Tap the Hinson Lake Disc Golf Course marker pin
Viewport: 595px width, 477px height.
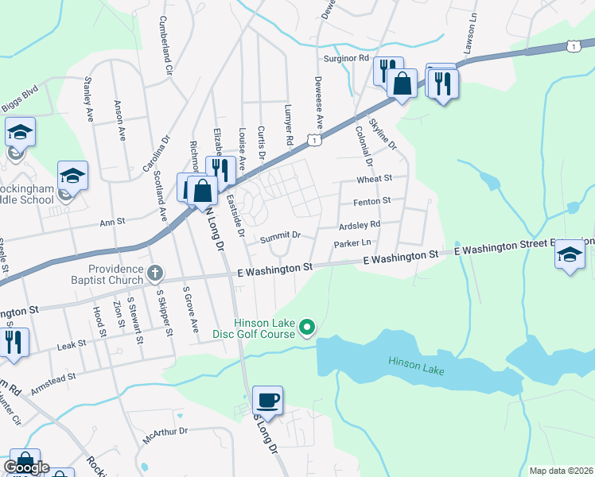coord(311,326)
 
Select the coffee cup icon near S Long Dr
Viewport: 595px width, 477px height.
coord(267,400)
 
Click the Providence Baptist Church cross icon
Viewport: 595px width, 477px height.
coord(155,273)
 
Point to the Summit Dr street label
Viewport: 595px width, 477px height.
coord(280,235)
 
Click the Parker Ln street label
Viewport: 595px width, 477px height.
coord(353,242)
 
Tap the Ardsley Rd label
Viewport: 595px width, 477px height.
coord(360,224)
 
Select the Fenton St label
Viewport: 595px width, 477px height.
coord(373,201)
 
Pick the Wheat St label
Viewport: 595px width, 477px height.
coord(375,180)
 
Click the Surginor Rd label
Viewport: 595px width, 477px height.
coord(346,58)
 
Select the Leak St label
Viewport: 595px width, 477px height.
coord(71,347)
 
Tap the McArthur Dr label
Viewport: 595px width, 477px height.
coord(165,432)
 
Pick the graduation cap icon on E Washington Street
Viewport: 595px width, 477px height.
coord(570,255)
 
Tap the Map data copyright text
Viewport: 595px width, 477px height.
coord(560,471)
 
